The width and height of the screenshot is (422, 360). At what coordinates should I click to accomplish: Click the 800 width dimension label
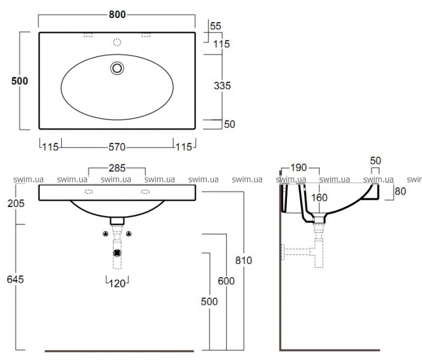click(x=117, y=14)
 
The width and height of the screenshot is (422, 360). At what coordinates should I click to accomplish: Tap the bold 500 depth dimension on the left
click(x=19, y=81)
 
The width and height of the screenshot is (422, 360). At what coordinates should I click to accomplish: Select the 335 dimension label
click(x=222, y=86)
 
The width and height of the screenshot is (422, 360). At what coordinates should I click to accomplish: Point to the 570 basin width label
click(x=117, y=147)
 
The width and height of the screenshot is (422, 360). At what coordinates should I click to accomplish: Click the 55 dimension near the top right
click(x=216, y=26)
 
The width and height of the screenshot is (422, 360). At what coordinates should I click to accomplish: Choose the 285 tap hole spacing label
click(x=117, y=168)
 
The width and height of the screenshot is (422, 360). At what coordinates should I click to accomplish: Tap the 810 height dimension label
click(x=244, y=260)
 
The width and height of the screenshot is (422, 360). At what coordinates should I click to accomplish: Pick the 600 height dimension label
click(x=226, y=281)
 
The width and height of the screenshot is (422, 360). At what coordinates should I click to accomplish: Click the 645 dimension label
click(x=16, y=279)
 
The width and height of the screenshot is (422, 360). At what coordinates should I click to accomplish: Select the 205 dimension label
click(x=16, y=203)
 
